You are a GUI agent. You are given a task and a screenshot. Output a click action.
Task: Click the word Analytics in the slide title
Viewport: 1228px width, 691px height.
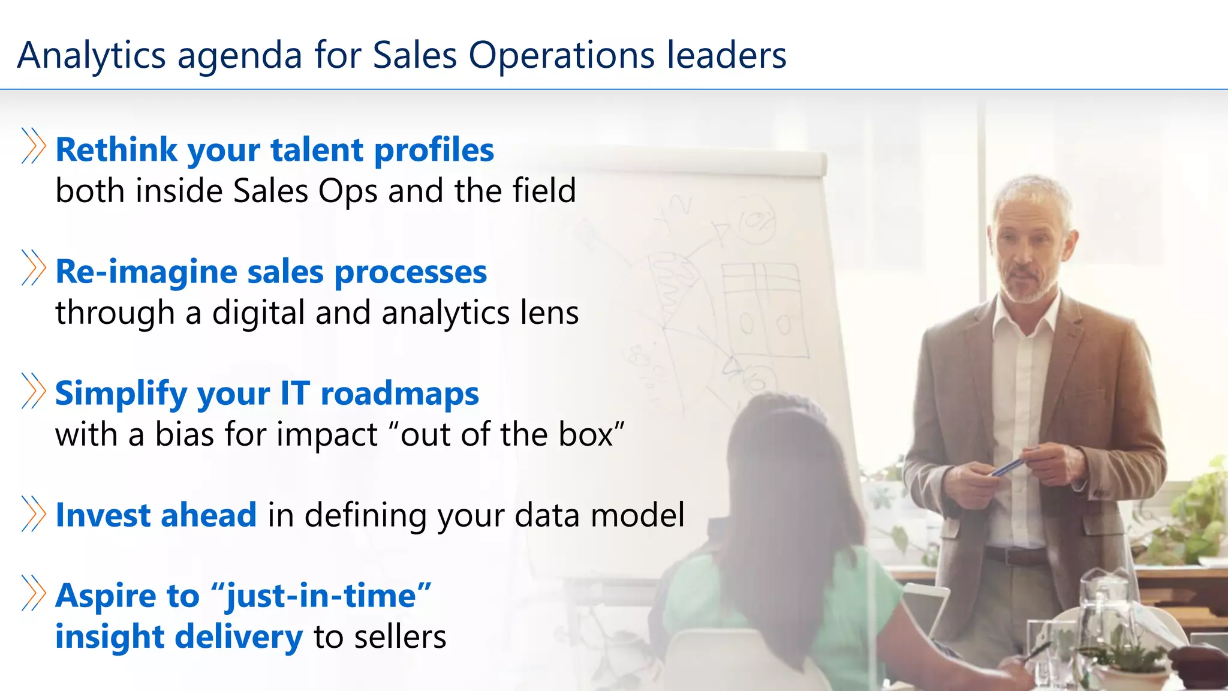click(91, 56)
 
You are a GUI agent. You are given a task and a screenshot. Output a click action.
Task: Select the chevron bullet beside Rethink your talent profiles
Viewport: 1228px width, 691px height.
click(34, 146)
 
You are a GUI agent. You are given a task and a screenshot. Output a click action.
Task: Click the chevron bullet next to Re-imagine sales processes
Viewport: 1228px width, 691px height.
click(34, 268)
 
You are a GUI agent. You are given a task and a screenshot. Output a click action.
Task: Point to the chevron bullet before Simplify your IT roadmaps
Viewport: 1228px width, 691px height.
click(34, 390)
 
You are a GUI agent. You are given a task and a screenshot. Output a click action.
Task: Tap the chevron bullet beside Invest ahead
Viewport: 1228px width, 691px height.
click(34, 513)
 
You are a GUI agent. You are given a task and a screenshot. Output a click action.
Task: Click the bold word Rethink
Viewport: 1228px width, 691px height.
click(116, 150)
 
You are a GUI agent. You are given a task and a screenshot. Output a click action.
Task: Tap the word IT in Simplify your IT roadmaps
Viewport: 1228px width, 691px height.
click(295, 394)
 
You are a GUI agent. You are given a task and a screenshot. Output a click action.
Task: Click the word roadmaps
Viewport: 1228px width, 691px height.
click(400, 394)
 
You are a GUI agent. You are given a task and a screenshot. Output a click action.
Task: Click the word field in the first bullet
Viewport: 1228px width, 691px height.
click(544, 191)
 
